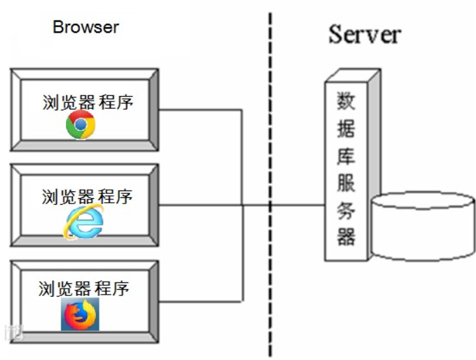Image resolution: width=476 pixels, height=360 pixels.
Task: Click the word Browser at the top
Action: (x=86, y=27)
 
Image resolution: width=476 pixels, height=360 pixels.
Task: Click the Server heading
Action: (x=364, y=34)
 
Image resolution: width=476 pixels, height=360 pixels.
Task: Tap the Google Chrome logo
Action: (x=80, y=125)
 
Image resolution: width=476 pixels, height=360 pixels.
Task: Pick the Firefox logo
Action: (x=80, y=314)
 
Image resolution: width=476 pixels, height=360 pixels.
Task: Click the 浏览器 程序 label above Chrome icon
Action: (x=87, y=103)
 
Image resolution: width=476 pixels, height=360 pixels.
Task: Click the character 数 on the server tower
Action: (x=347, y=101)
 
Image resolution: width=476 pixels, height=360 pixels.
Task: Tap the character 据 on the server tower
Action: (x=347, y=129)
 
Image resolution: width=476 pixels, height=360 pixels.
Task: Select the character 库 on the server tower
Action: (x=347, y=156)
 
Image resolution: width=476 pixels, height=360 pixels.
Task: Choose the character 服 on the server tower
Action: (x=347, y=182)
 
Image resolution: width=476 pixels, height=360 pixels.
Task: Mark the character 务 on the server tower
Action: (x=347, y=210)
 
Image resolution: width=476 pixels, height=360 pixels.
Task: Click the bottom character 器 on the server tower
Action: (x=347, y=236)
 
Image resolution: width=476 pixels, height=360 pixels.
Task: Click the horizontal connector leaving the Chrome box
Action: (x=201, y=109)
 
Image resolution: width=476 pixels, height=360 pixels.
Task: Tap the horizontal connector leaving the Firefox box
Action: (x=201, y=301)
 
